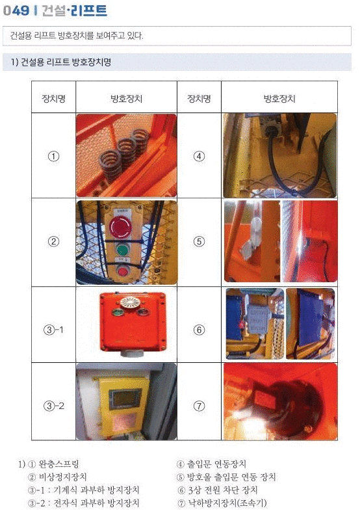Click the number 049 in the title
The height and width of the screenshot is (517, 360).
click(x=16, y=10)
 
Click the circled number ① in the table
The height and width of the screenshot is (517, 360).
click(x=54, y=156)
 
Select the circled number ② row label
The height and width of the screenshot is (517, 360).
click(x=54, y=241)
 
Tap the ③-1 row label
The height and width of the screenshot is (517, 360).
click(x=54, y=330)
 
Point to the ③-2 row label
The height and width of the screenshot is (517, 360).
click(x=54, y=406)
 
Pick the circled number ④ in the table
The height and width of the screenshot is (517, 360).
click(x=199, y=156)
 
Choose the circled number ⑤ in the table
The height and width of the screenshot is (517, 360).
click(x=199, y=241)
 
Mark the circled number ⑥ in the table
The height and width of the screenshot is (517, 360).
click(x=199, y=330)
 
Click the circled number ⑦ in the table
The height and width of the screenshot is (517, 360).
click(x=199, y=406)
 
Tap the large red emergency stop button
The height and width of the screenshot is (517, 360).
click(x=120, y=226)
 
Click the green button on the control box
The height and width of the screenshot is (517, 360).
click(x=123, y=250)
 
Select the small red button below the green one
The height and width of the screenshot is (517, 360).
click(x=123, y=272)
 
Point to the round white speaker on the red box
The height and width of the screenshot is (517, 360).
click(x=131, y=302)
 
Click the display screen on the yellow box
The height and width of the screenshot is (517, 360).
click(x=125, y=399)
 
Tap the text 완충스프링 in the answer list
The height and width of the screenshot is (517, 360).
click(x=58, y=464)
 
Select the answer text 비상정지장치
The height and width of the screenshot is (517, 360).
click(x=62, y=477)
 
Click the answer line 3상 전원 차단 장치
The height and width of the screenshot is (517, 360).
click(x=223, y=490)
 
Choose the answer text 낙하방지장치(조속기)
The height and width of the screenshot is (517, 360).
click(x=227, y=503)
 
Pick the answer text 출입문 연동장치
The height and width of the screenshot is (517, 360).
click(x=216, y=464)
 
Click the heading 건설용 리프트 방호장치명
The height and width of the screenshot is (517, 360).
click(x=66, y=62)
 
